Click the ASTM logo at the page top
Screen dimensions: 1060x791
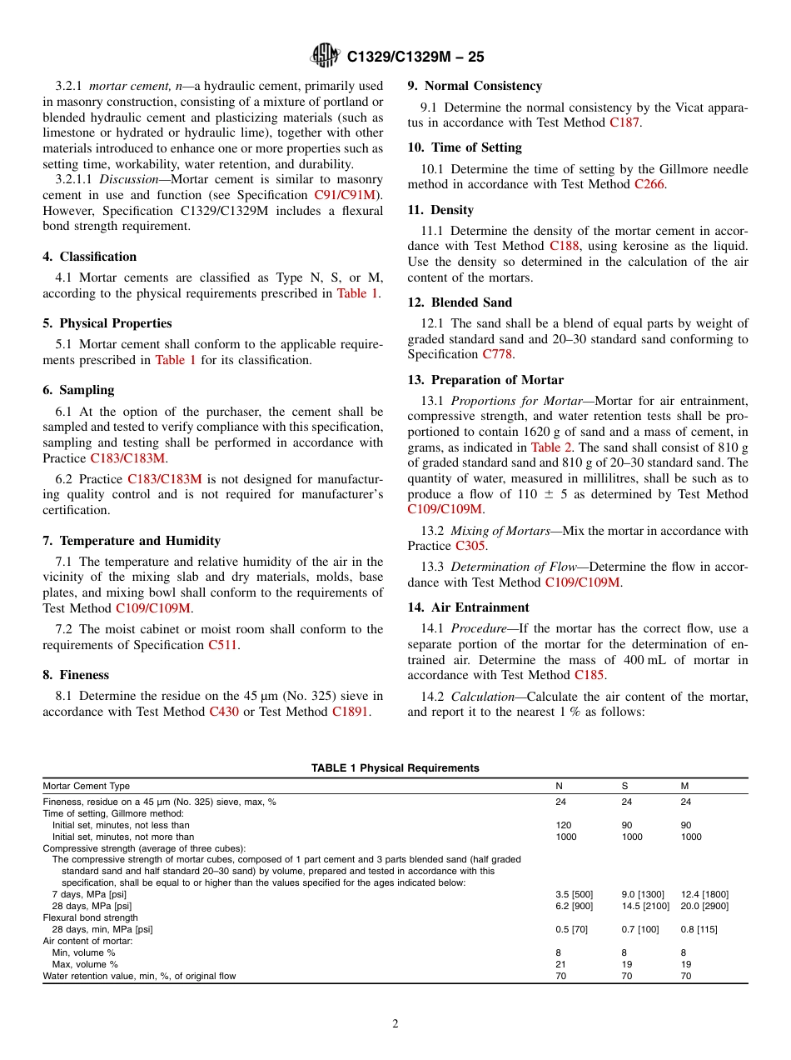[325, 56]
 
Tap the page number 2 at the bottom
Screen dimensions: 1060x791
[395, 1024]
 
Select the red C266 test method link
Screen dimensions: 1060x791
[649, 184]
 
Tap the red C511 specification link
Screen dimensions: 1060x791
[223, 645]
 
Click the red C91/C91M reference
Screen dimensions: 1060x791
[344, 195]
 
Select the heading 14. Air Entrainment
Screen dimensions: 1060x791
[468, 607]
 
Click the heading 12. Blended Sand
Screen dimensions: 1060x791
[460, 302]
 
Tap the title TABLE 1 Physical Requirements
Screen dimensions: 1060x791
[395, 768]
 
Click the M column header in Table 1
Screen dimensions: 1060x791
[685, 786]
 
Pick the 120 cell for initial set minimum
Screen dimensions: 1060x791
[564, 825]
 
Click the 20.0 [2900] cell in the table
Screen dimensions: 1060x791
[704, 906]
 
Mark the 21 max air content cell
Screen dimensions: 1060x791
[560, 964]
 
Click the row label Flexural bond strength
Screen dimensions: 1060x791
[91, 917]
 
